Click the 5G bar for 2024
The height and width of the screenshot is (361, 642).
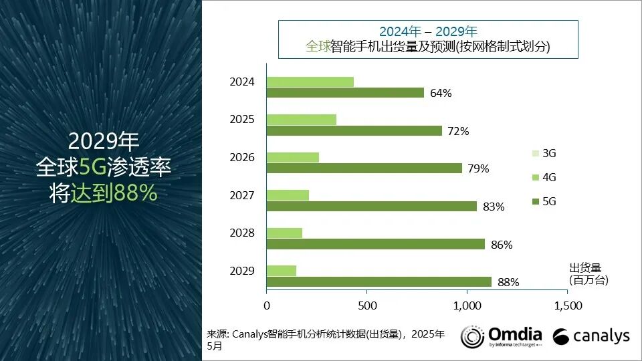(x=345, y=93)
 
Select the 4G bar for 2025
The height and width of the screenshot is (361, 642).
(x=301, y=120)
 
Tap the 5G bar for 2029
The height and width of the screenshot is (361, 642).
(x=379, y=282)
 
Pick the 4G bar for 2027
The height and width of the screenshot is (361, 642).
(x=288, y=195)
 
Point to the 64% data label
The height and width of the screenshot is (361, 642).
(x=441, y=93)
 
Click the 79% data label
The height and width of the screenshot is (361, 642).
(x=478, y=168)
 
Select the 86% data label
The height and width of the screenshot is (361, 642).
(x=502, y=245)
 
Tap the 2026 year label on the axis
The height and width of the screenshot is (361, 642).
(x=241, y=158)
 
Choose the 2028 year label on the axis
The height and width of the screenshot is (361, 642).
(x=241, y=233)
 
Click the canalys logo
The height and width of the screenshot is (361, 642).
(x=591, y=336)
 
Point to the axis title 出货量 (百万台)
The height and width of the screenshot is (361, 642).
(x=588, y=274)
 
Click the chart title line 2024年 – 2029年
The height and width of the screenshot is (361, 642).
(x=428, y=31)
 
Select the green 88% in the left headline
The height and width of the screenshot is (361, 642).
(x=135, y=193)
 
